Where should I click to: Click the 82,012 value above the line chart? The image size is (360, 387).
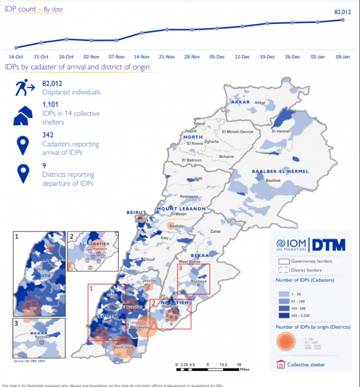click(342, 11)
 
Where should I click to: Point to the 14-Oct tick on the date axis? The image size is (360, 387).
click(15, 57)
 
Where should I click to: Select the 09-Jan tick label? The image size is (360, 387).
click(343, 57)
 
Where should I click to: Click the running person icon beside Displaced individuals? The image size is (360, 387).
click(24, 88)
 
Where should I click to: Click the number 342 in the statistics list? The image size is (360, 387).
click(49, 134)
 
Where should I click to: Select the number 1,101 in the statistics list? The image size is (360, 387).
click(50, 105)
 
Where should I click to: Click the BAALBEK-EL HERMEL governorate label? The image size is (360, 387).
click(280, 171)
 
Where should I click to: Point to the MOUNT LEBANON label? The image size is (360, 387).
click(181, 209)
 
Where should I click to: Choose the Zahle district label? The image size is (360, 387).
click(215, 232)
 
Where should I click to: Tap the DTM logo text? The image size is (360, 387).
click(329, 245)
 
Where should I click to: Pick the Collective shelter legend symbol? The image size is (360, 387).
click(280, 364)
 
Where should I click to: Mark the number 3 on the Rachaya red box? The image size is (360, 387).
click(181, 268)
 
